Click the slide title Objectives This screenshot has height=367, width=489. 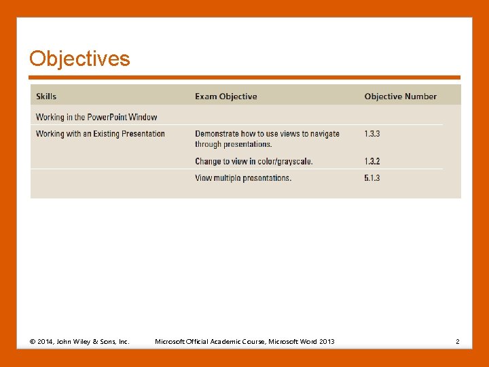(79, 59)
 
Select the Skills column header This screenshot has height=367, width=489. (46, 97)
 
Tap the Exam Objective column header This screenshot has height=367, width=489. (225, 97)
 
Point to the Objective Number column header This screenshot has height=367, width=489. (400, 97)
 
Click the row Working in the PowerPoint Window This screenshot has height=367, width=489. (96, 117)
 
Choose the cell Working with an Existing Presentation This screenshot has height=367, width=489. (100, 134)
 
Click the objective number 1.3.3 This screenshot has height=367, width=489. (372, 134)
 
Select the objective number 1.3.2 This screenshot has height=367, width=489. (372, 161)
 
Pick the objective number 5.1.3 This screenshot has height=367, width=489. (372, 178)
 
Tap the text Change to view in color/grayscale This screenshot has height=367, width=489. (253, 161)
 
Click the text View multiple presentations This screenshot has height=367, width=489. (242, 178)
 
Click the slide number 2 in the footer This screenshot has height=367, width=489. (458, 341)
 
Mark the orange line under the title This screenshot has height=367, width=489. (244, 77)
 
